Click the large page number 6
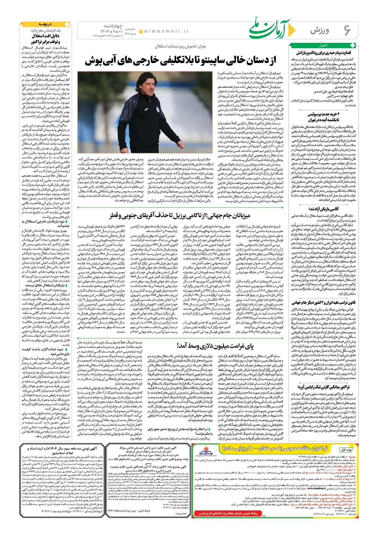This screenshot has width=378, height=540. tap(347, 30)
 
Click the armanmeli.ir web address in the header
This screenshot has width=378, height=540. tap(167, 32)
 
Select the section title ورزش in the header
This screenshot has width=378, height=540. tap(320, 31)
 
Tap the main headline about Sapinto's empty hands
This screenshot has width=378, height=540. tap(180, 61)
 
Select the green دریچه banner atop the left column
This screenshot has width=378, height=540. tap(45, 24)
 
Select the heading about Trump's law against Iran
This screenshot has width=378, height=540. tap(323, 302)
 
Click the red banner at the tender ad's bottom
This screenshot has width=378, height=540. tap(228, 513)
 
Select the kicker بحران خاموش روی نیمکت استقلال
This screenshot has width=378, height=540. tap(180, 46)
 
